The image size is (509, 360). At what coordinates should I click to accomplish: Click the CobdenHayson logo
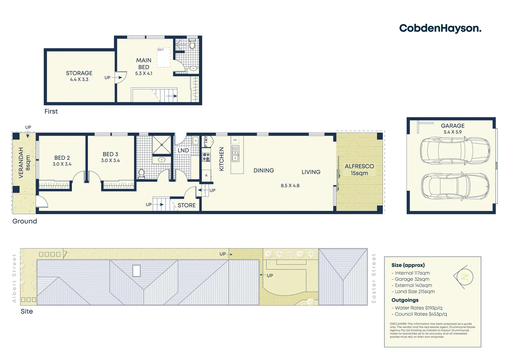[x=440, y=28]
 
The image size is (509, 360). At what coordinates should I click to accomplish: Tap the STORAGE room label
[x=79, y=73]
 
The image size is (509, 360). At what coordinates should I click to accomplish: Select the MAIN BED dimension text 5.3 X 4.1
[x=144, y=74]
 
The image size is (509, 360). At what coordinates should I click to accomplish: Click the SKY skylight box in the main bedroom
[x=164, y=58]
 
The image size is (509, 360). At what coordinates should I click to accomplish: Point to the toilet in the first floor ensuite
[x=192, y=45]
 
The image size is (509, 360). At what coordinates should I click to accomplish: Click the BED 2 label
[x=62, y=158]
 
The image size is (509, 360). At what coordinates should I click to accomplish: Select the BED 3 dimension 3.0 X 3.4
[x=110, y=161]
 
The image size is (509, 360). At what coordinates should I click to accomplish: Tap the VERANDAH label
[x=21, y=163]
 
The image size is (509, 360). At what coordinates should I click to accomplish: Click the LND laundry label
[x=183, y=151]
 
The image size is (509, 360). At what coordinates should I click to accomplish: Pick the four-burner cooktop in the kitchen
[x=206, y=157]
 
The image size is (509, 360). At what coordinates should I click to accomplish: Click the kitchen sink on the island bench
[x=235, y=153]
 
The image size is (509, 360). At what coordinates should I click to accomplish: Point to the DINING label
[x=263, y=171]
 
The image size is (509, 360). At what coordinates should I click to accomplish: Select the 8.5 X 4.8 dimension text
[x=290, y=186]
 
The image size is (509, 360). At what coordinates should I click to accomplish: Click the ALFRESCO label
[x=359, y=166]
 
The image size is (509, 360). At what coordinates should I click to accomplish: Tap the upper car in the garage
[x=455, y=151]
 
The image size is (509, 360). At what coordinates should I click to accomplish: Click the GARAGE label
[x=452, y=126]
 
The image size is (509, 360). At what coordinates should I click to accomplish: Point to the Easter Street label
[x=374, y=278]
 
